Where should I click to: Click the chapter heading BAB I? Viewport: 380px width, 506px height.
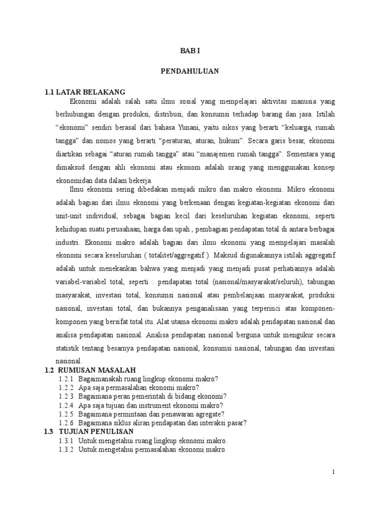pyautogui.click(x=190, y=50)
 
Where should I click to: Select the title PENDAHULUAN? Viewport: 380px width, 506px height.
pyautogui.click(x=190, y=71)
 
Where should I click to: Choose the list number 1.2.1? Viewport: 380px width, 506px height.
pyautogui.click(x=66, y=379)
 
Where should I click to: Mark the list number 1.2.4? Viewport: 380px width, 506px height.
pyautogui.click(x=66, y=405)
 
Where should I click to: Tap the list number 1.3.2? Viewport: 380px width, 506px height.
pyautogui.click(x=66, y=450)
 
